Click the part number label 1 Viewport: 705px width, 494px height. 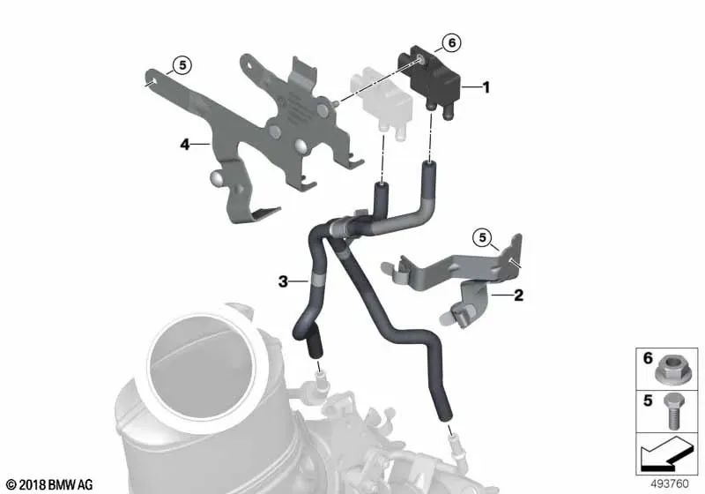(485, 87)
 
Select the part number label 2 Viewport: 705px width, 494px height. (518, 296)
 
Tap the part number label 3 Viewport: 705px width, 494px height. (283, 281)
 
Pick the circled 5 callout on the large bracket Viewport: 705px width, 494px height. (181, 64)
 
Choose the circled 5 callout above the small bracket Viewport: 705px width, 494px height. (481, 236)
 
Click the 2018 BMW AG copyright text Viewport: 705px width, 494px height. (48, 484)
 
